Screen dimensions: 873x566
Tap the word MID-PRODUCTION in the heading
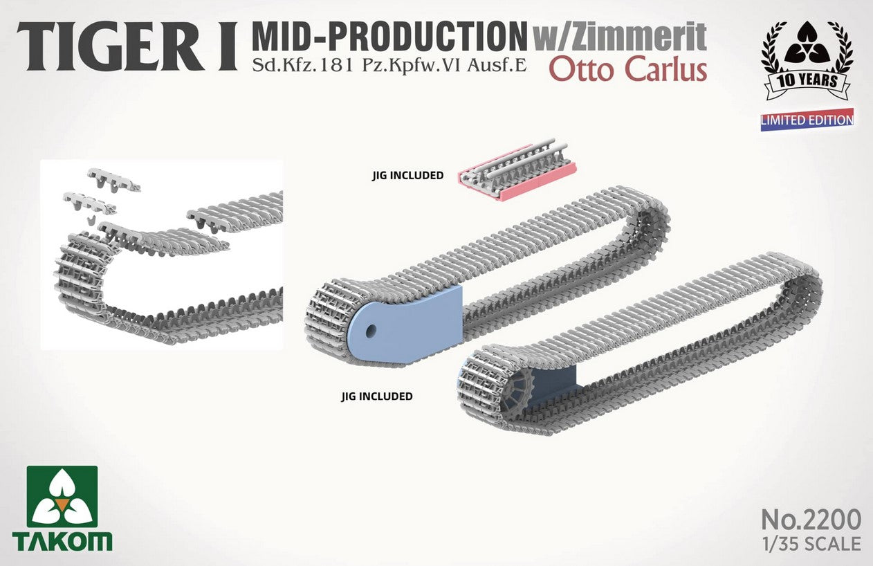pos(389,37)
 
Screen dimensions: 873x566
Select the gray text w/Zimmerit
pos(620,37)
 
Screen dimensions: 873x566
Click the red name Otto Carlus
pos(628,69)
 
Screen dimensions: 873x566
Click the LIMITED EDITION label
pos(807,120)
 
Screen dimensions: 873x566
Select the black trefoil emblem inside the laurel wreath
pos(807,43)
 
